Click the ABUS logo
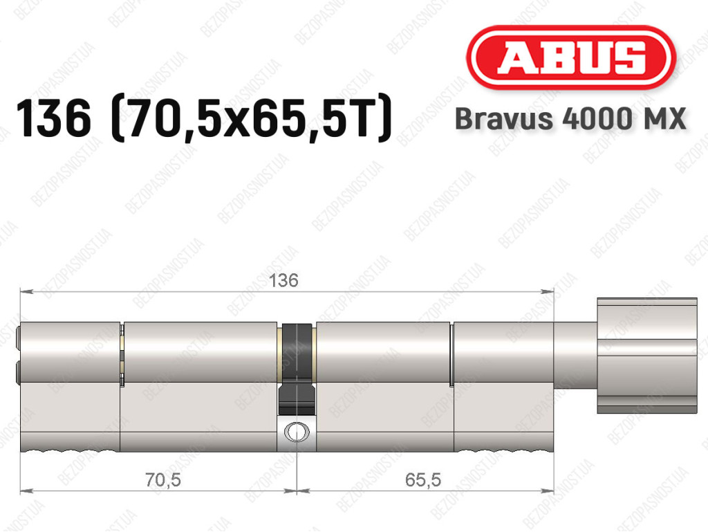(571, 58)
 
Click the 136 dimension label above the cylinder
(283, 280)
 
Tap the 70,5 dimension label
(163, 479)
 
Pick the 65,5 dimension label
(423, 479)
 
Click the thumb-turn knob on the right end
(647, 356)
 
